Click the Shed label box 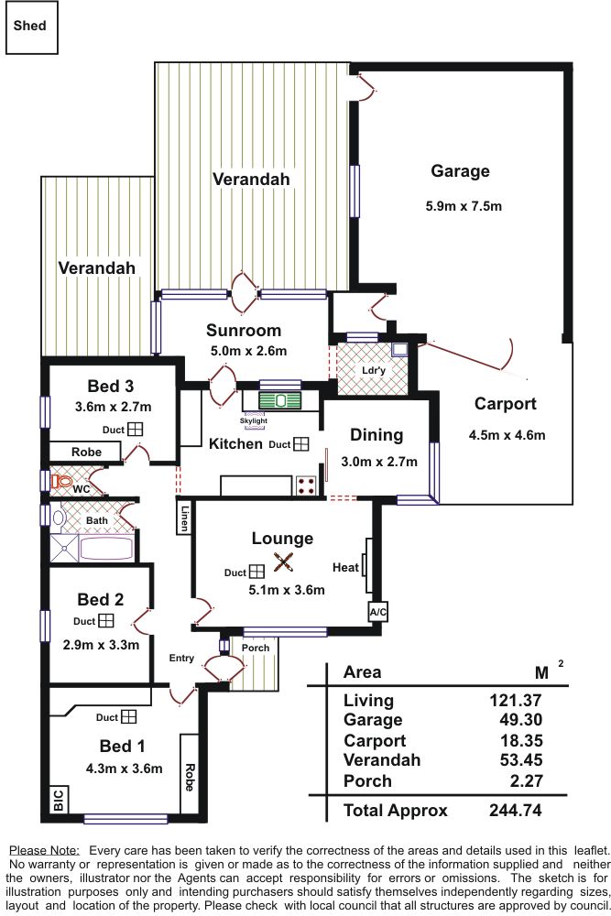[x=30, y=27]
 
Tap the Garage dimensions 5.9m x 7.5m [x=464, y=206]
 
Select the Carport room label [x=505, y=404]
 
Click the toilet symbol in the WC [x=62, y=479]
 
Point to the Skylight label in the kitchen [x=254, y=420]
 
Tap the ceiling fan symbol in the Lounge [x=284, y=564]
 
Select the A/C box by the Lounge [x=376, y=612]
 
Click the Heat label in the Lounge [x=345, y=568]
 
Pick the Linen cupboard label [x=184, y=517]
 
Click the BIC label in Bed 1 [x=58, y=799]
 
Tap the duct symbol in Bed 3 [x=135, y=429]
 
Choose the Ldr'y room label [x=374, y=371]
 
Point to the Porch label [x=256, y=648]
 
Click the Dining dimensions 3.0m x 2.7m [x=378, y=462]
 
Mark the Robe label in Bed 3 [x=86, y=453]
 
